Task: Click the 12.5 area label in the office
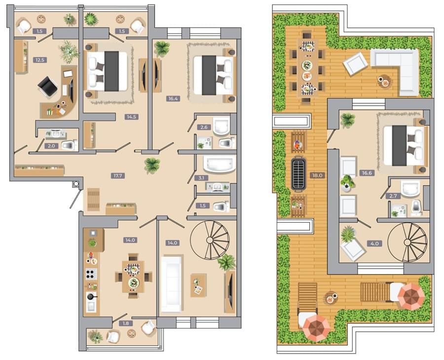pos(39,60)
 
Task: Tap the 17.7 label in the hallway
pos(117,176)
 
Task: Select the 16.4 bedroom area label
pos(173,99)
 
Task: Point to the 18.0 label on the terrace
pos(317,175)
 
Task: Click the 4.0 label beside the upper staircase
pos(374,243)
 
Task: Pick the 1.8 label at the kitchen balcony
pos(126,323)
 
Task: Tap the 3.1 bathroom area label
pos(202,178)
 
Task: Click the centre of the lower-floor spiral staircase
pos(210,240)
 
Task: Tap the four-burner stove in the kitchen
pos(91,274)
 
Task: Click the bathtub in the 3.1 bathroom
pos(220,164)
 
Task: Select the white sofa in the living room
pos(171,284)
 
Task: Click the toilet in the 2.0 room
pos(70,145)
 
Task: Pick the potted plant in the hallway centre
pos(152,165)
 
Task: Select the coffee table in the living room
pos(198,285)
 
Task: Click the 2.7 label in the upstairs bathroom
pos(393,196)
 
